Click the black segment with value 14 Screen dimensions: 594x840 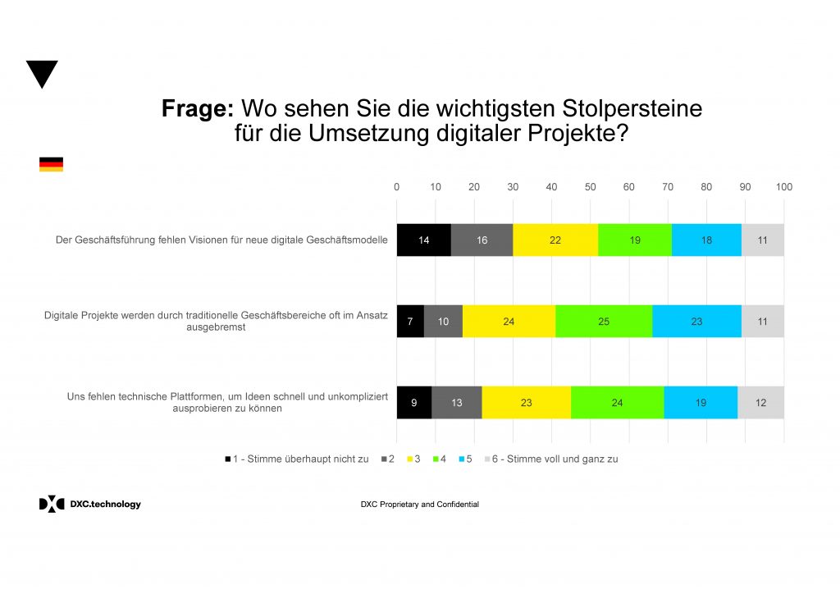point(423,240)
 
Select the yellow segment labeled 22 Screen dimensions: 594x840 point(555,240)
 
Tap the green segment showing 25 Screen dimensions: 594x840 point(604,322)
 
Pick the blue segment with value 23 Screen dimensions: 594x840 point(696,322)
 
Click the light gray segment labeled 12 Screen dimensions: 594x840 point(760,402)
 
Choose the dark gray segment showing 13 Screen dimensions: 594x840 point(456,402)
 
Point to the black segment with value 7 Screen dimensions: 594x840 point(410,322)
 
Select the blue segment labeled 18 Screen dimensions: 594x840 point(706,240)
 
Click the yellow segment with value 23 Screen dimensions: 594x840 point(526,402)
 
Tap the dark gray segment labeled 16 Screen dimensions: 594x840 point(482,240)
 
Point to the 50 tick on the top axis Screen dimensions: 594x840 point(590,187)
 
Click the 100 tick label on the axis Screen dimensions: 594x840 point(783,187)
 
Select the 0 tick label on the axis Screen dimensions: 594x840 point(397,187)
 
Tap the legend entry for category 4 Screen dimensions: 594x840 point(439,459)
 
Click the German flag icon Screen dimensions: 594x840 point(51,165)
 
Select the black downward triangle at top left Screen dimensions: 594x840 point(42,73)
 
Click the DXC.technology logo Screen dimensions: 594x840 point(89,504)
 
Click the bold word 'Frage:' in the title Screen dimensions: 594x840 point(199,109)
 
